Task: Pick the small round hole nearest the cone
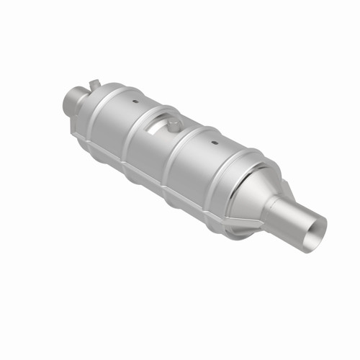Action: (x=215, y=143)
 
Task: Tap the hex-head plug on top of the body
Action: (x=174, y=125)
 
